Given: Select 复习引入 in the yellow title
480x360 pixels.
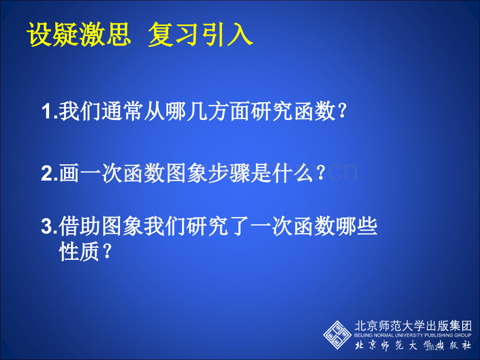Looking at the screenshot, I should [x=200, y=35].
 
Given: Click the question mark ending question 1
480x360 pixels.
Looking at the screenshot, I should [x=342, y=112].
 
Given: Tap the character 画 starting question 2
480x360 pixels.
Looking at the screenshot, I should [x=69, y=174].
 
